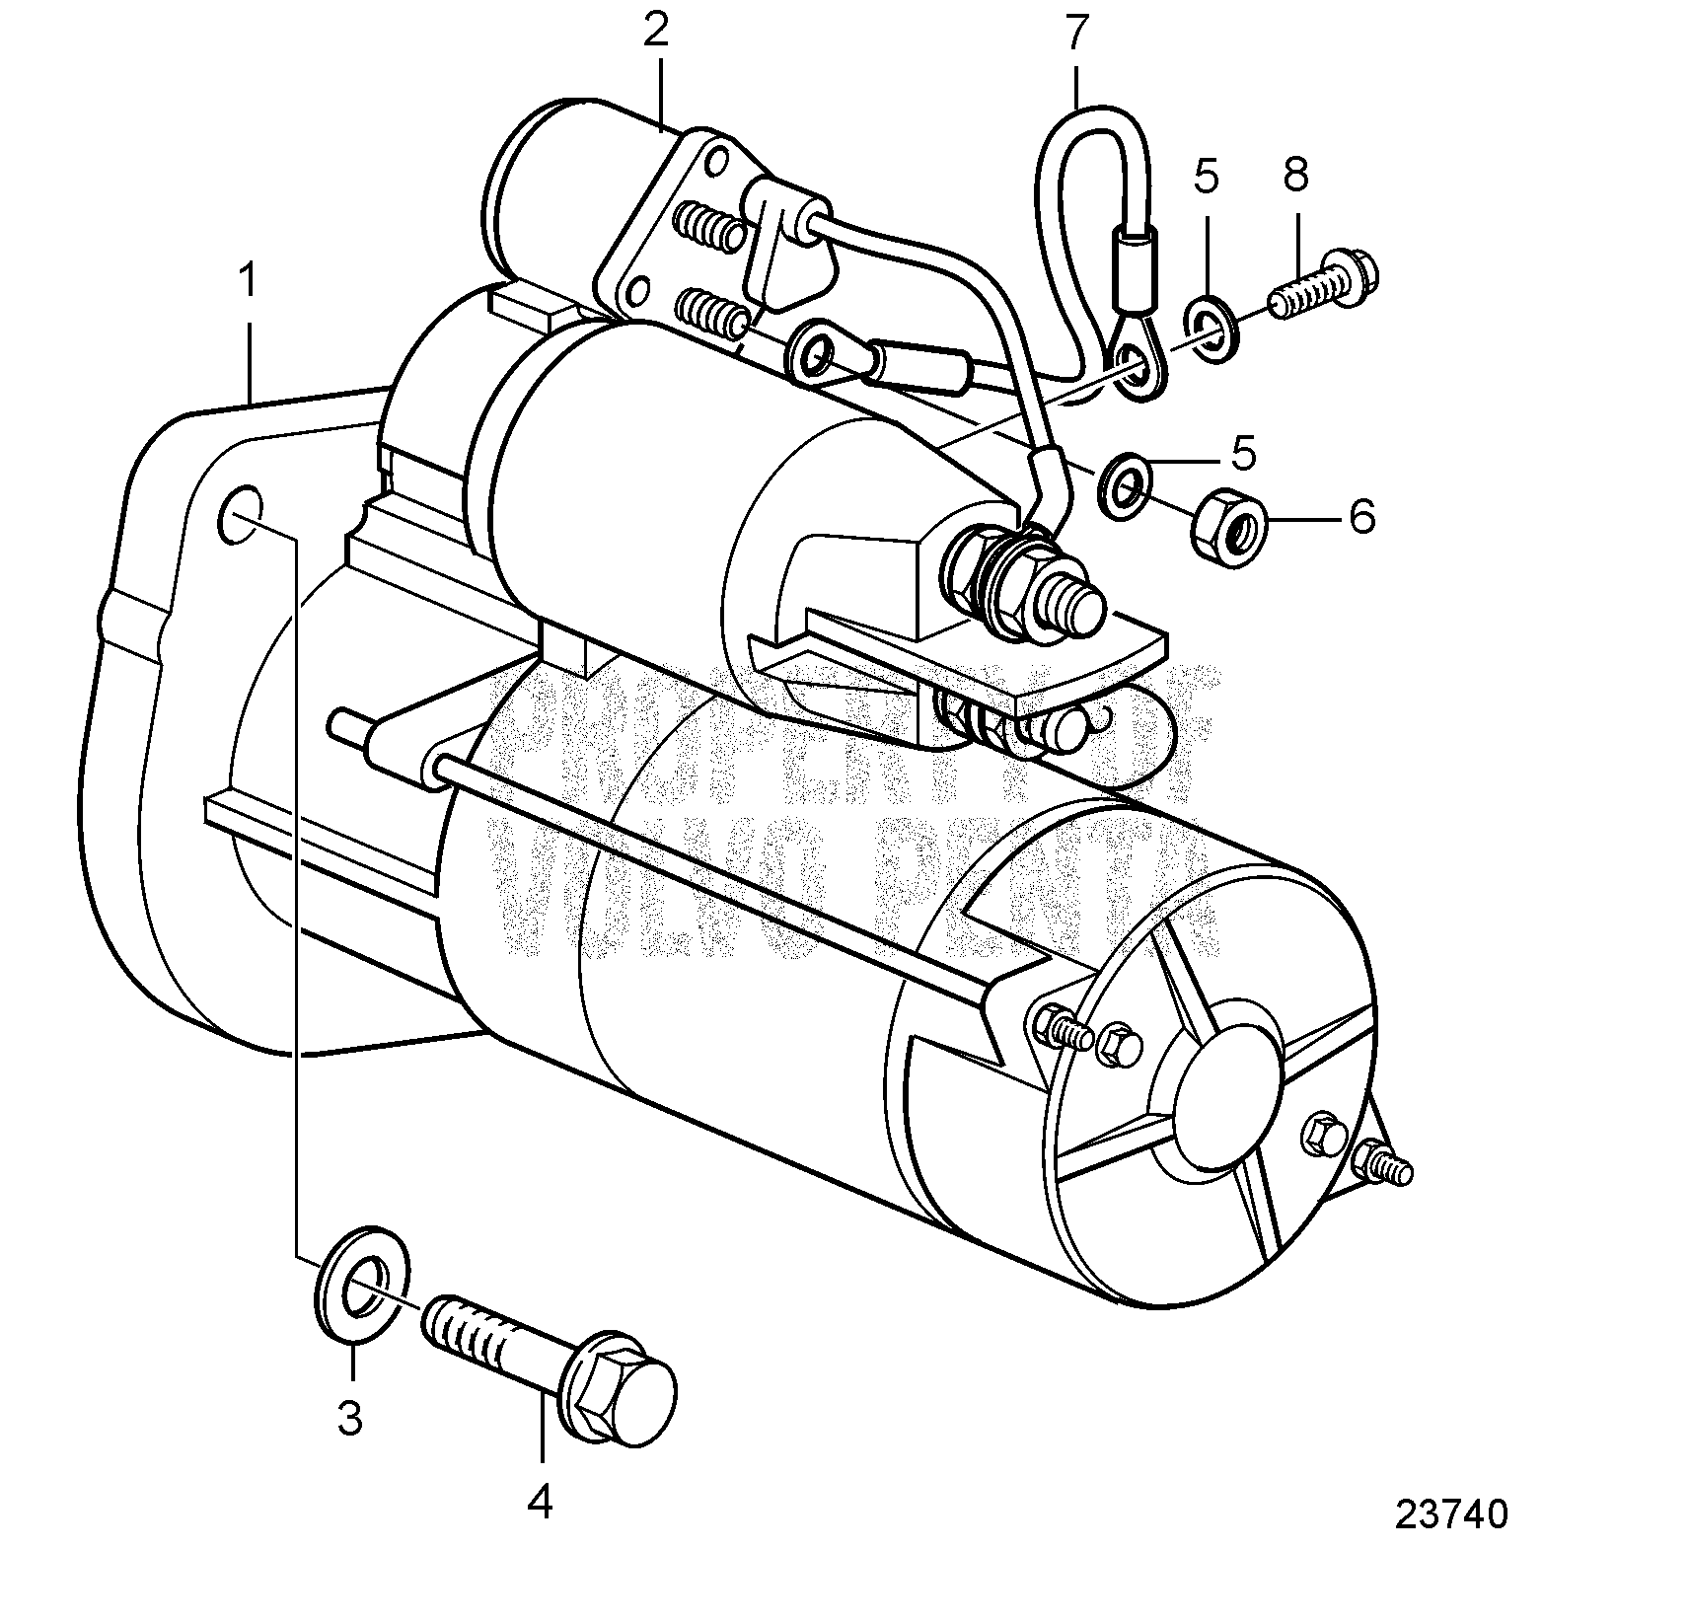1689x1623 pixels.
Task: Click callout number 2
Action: (x=655, y=32)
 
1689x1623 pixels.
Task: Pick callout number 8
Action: (x=1295, y=176)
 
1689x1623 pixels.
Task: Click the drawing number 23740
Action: (x=1451, y=1542)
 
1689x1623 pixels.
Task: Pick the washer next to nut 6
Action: (x=1125, y=484)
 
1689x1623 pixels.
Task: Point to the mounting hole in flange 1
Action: (x=240, y=514)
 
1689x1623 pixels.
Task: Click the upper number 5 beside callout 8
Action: (x=1206, y=178)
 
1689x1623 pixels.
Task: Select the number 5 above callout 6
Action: (x=1243, y=454)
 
